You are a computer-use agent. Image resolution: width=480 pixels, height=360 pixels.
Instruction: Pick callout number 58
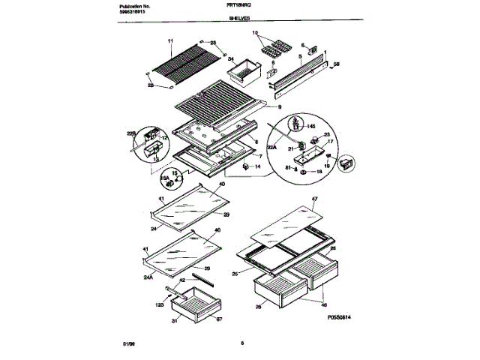[336, 63]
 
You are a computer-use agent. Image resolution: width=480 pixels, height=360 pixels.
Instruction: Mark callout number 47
[315, 199]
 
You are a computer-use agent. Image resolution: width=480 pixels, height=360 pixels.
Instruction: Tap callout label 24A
[148, 277]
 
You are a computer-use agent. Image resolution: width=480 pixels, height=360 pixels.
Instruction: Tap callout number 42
[181, 279]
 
